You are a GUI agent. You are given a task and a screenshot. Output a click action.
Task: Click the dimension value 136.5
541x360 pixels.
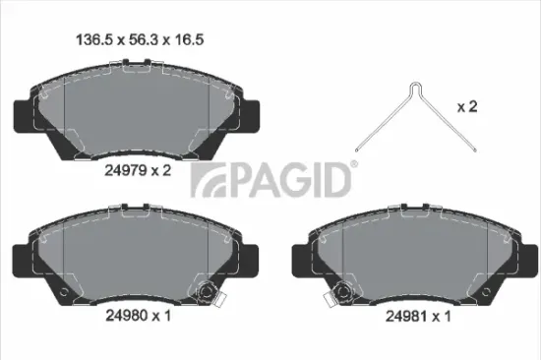94,40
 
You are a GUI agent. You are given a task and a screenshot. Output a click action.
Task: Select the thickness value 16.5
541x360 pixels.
189,40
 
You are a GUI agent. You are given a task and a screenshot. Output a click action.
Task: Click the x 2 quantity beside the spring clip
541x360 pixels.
467,106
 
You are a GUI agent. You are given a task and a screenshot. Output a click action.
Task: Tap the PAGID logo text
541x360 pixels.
290,180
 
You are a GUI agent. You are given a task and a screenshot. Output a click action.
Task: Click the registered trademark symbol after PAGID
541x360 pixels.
354,164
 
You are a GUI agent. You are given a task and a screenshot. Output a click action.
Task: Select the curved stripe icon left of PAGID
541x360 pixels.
209,180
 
